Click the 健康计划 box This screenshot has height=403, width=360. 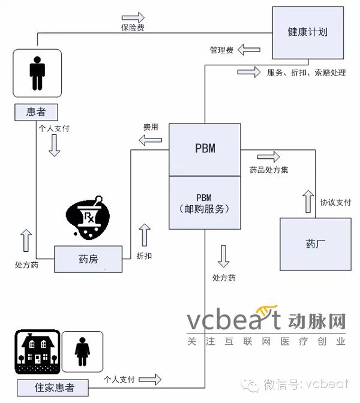coord(307,32)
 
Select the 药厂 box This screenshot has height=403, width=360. coord(315,244)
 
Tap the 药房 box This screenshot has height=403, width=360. coord(88,259)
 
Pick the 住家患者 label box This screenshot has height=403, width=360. coord(54,387)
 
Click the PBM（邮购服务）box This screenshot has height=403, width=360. coord(204,203)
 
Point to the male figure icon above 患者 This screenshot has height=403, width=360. coord(37,74)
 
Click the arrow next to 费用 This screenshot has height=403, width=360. coord(150,140)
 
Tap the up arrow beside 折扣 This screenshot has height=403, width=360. coord(144,235)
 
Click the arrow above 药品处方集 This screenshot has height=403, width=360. coord(268,157)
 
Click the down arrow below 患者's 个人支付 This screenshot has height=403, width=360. coord(54,145)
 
